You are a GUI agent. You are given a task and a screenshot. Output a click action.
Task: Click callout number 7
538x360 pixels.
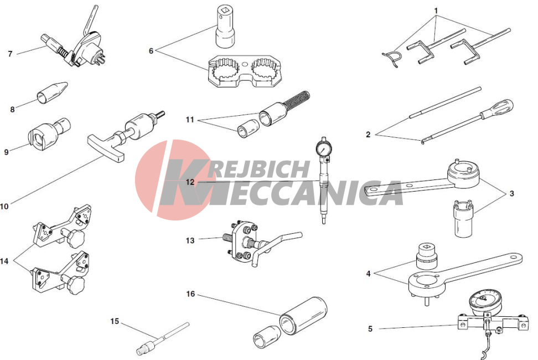click(10, 54)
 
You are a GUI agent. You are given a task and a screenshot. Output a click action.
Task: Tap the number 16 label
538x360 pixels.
click(190, 294)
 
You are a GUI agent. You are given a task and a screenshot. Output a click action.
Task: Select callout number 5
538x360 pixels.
click(370, 329)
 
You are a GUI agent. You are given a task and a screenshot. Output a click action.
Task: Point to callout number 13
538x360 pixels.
click(190, 240)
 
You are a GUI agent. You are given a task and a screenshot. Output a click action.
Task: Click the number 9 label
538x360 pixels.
click(6, 152)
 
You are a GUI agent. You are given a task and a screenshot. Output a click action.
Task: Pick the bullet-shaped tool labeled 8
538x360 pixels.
click(52, 93)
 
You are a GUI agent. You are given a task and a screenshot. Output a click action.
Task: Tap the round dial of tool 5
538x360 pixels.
click(483, 301)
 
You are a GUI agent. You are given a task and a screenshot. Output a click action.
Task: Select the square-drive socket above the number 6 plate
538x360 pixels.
click(225, 26)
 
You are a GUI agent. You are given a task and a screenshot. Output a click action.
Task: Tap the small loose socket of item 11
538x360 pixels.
click(246, 129)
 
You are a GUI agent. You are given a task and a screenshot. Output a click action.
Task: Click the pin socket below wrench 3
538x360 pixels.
click(464, 219)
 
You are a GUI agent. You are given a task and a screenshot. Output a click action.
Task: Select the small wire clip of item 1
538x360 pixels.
click(391, 57)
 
